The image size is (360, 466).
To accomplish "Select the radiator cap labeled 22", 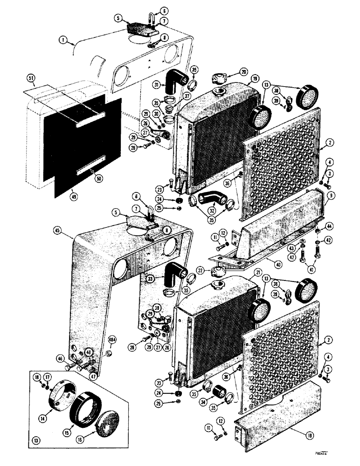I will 217,272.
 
